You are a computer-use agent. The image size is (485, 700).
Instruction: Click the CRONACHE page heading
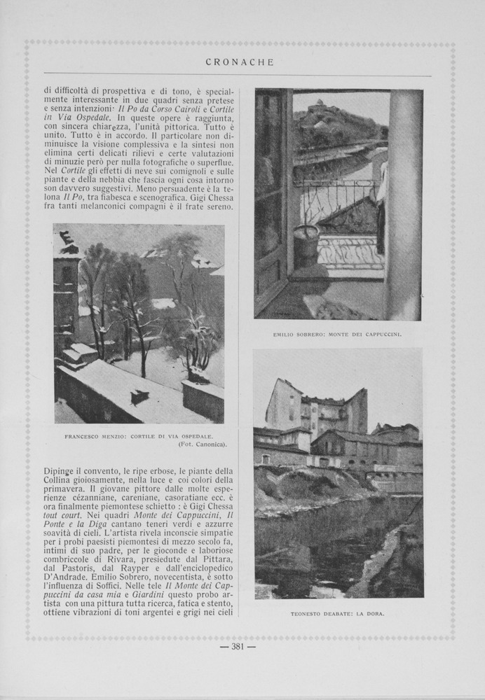[x=239, y=62]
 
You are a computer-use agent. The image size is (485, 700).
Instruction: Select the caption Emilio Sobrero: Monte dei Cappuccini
[x=337, y=335]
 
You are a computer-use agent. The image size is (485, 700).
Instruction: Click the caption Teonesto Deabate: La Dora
[x=338, y=614]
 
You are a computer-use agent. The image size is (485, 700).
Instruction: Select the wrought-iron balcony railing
[x=336, y=199]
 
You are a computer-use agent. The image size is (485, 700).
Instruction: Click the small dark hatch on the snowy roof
[x=139, y=396]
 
